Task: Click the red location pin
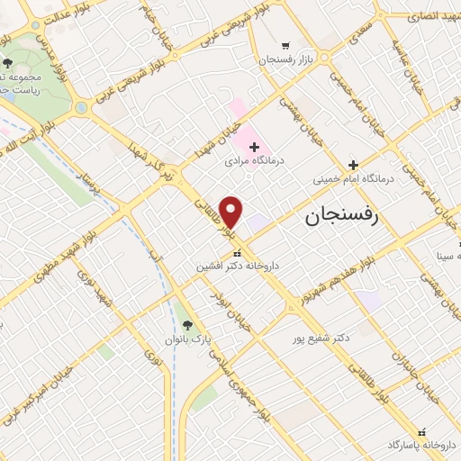point(231,212)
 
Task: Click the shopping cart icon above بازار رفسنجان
point(285,45)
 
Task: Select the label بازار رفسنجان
point(286,59)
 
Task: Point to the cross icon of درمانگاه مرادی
point(254,147)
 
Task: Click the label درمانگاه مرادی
point(255,161)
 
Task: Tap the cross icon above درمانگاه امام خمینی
point(353,165)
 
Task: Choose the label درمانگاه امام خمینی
point(354,179)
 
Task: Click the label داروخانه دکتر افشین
point(237,267)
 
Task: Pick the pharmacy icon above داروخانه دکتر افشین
point(237,253)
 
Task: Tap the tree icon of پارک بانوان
point(187,324)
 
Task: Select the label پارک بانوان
point(188,339)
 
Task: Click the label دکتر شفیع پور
point(321,339)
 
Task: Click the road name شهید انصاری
point(433,17)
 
